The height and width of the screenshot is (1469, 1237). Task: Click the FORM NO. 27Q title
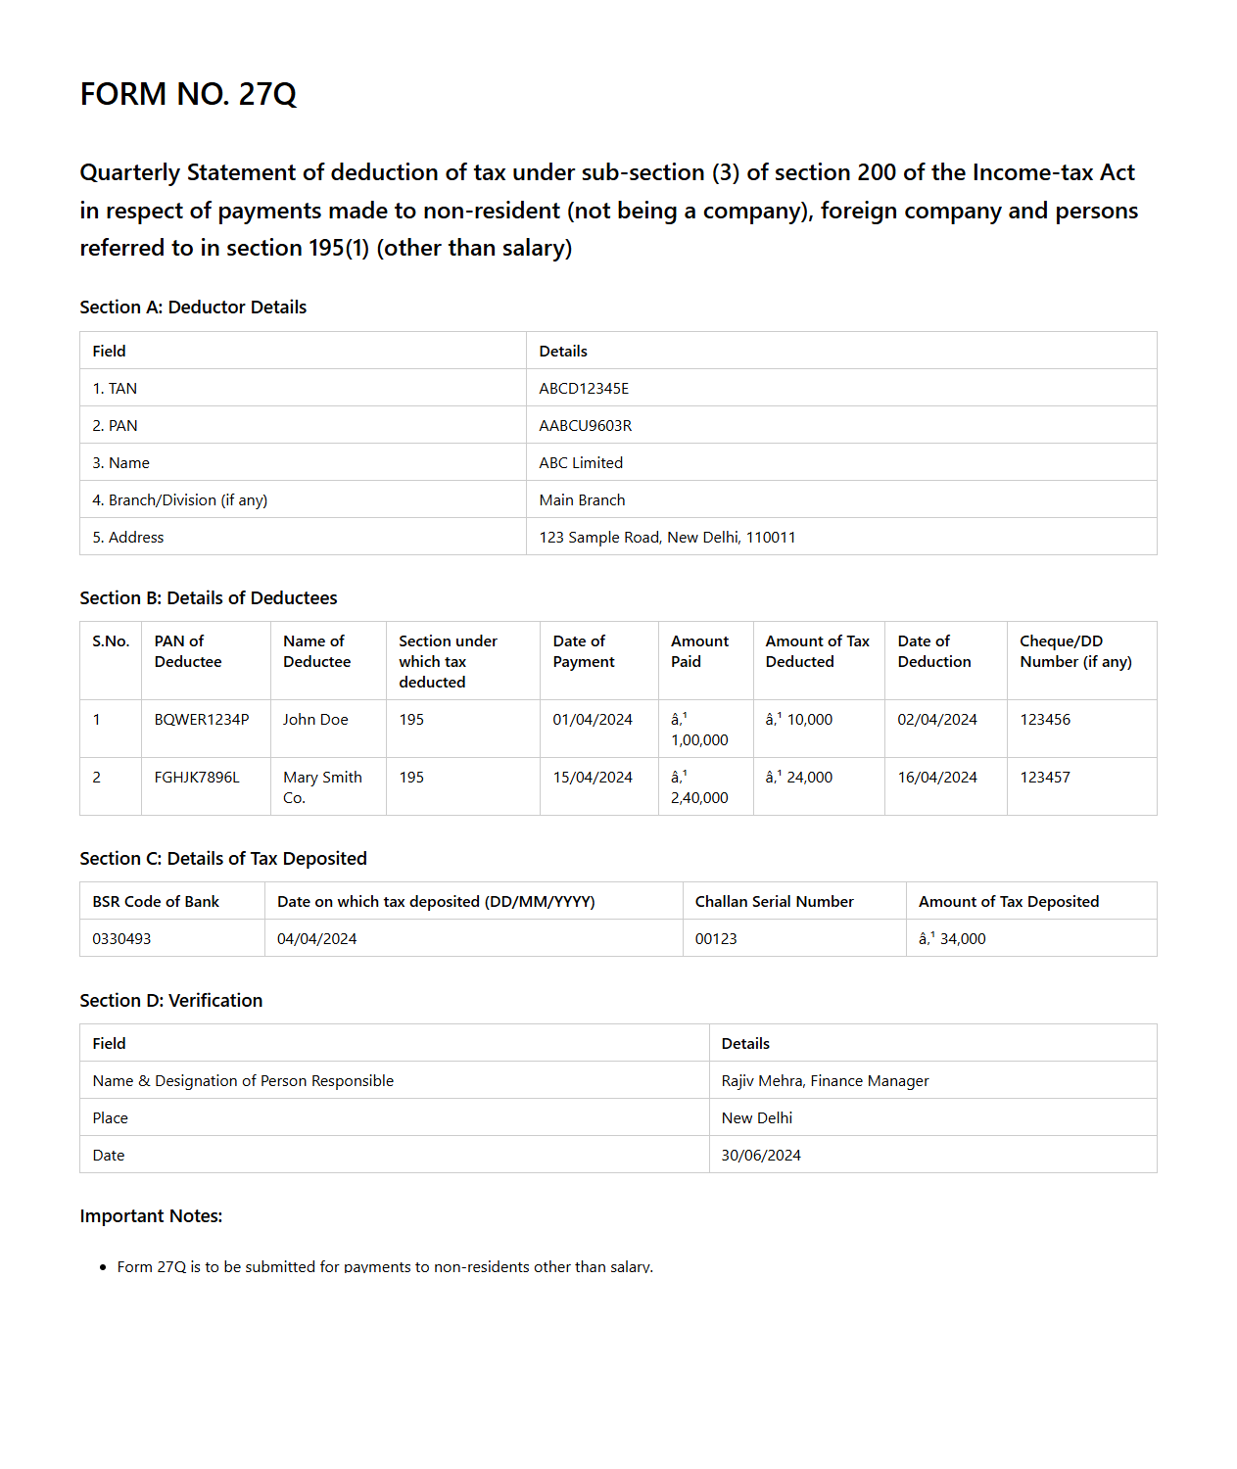(188, 94)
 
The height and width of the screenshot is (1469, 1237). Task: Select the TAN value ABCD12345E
(584, 389)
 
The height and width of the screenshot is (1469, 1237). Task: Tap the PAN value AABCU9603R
(585, 426)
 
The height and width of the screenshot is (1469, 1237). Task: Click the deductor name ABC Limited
(581, 463)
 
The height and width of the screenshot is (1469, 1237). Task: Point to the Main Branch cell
(582, 500)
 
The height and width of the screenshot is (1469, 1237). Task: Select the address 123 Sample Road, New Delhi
(667, 538)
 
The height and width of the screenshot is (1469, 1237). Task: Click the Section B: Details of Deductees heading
(208, 598)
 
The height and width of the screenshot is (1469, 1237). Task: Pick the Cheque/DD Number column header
(1075, 651)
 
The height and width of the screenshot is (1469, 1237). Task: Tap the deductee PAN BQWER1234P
(202, 720)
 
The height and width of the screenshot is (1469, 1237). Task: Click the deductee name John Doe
(315, 720)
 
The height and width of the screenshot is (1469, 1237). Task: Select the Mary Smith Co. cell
(322, 787)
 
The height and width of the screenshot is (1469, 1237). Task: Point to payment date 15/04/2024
(593, 778)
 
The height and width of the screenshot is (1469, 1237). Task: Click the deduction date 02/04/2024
(937, 720)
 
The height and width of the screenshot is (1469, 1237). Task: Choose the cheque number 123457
(1045, 778)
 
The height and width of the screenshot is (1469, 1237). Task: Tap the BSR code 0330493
(121, 939)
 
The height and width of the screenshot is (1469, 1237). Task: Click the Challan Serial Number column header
(774, 902)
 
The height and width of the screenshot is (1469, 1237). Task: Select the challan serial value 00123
(716, 939)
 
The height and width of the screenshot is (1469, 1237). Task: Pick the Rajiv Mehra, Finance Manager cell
(825, 1081)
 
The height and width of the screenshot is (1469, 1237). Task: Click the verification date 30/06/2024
(761, 1156)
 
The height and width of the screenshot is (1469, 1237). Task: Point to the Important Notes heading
(151, 1216)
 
